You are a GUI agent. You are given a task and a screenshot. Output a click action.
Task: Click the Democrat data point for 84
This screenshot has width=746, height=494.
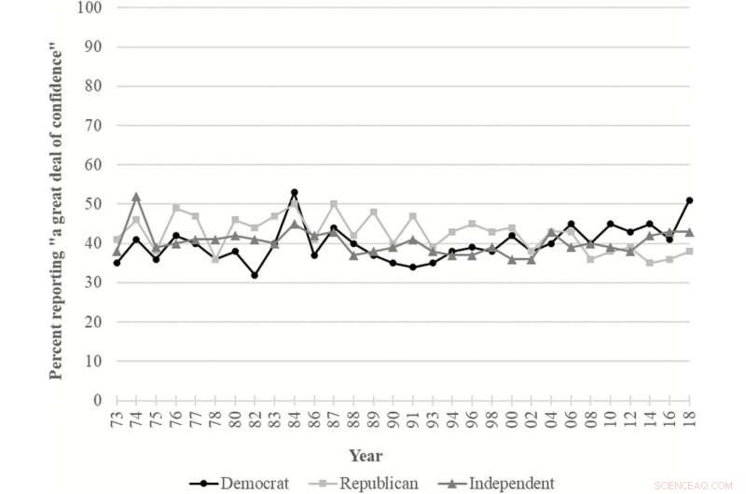point(294,192)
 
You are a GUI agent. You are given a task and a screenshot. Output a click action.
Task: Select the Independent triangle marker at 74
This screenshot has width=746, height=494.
point(136,196)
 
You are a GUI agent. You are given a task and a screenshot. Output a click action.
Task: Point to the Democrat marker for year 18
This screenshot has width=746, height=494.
point(689,199)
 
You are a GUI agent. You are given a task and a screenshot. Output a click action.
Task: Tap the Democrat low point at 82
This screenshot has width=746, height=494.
point(255,275)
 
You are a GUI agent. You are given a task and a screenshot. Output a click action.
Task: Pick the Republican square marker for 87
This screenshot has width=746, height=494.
point(334,204)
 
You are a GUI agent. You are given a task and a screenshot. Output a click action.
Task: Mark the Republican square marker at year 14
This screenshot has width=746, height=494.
point(650,263)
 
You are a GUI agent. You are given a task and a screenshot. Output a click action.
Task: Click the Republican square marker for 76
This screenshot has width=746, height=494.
point(175,208)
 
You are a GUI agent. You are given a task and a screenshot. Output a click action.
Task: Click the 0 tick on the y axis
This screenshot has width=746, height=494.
point(97,401)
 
